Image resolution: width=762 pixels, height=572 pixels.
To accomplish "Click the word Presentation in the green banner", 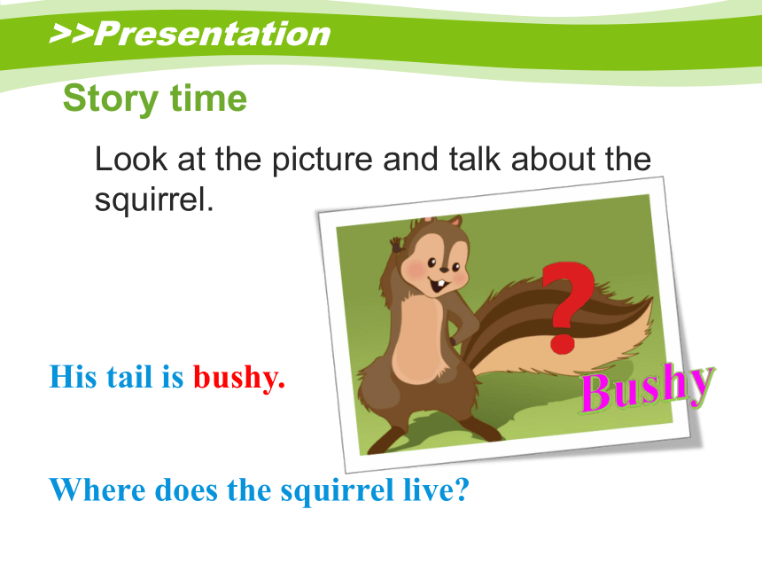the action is (x=213, y=34).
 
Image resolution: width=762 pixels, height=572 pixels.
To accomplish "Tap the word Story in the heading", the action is (x=111, y=99).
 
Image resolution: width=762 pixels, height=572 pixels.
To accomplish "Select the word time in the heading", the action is (x=208, y=98).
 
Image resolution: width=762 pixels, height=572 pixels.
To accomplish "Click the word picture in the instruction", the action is (x=322, y=160).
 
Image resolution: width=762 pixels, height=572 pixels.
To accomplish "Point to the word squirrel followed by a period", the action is (x=154, y=200).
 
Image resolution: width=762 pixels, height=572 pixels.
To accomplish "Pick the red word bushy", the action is (x=239, y=378).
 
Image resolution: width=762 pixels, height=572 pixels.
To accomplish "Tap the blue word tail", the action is (x=129, y=377).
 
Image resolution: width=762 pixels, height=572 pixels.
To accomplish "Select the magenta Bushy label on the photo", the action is (x=648, y=388).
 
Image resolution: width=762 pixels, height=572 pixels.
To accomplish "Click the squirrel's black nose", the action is (x=444, y=269).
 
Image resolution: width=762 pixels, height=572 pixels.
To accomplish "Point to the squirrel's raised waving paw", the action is (x=397, y=244).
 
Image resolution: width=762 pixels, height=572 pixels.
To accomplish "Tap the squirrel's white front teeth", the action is (x=439, y=283).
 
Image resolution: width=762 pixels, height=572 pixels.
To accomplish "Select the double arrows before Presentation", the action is (x=71, y=35).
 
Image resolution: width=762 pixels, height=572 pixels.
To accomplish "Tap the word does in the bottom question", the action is (x=186, y=490).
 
